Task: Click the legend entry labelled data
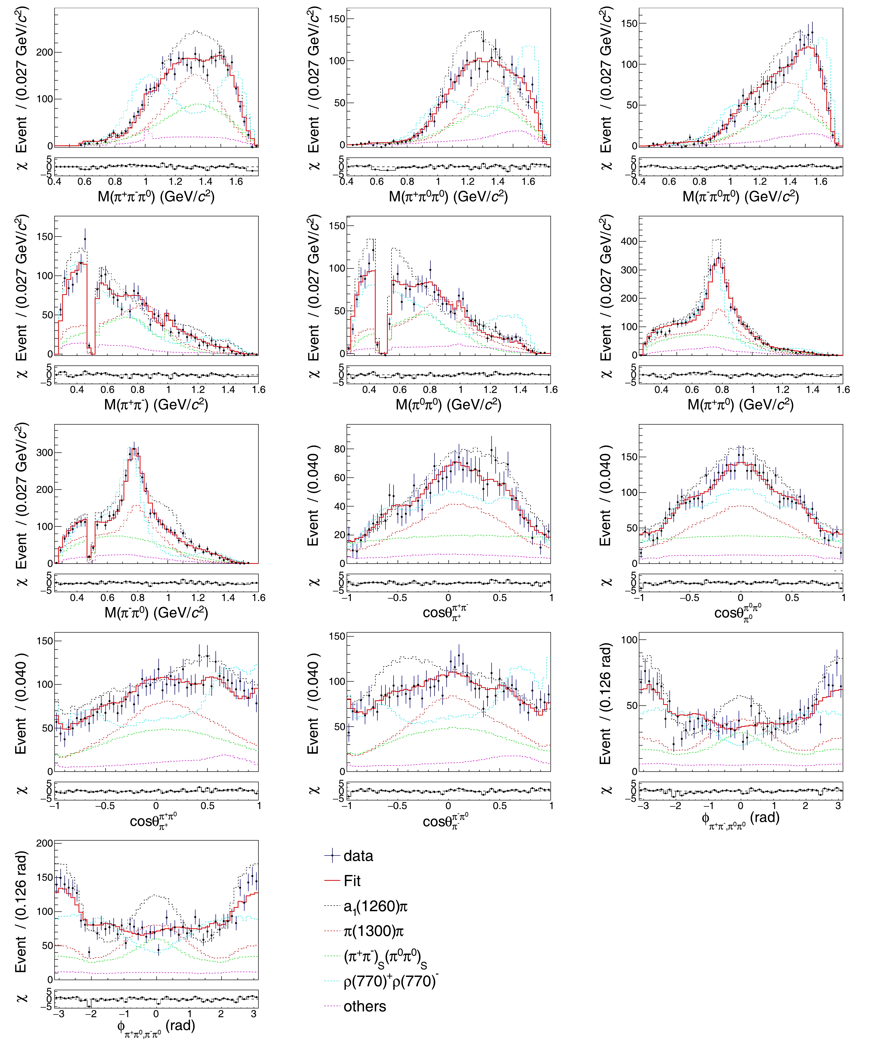(x=358, y=856)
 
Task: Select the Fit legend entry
(x=352, y=881)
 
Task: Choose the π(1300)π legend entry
(x=373, y=931)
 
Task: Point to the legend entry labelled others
(x=365, y=1006)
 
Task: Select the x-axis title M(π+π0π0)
(x=448, y=197)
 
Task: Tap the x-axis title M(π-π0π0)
(x=740, y=197)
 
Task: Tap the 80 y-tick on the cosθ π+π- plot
(x=339, y=449)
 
